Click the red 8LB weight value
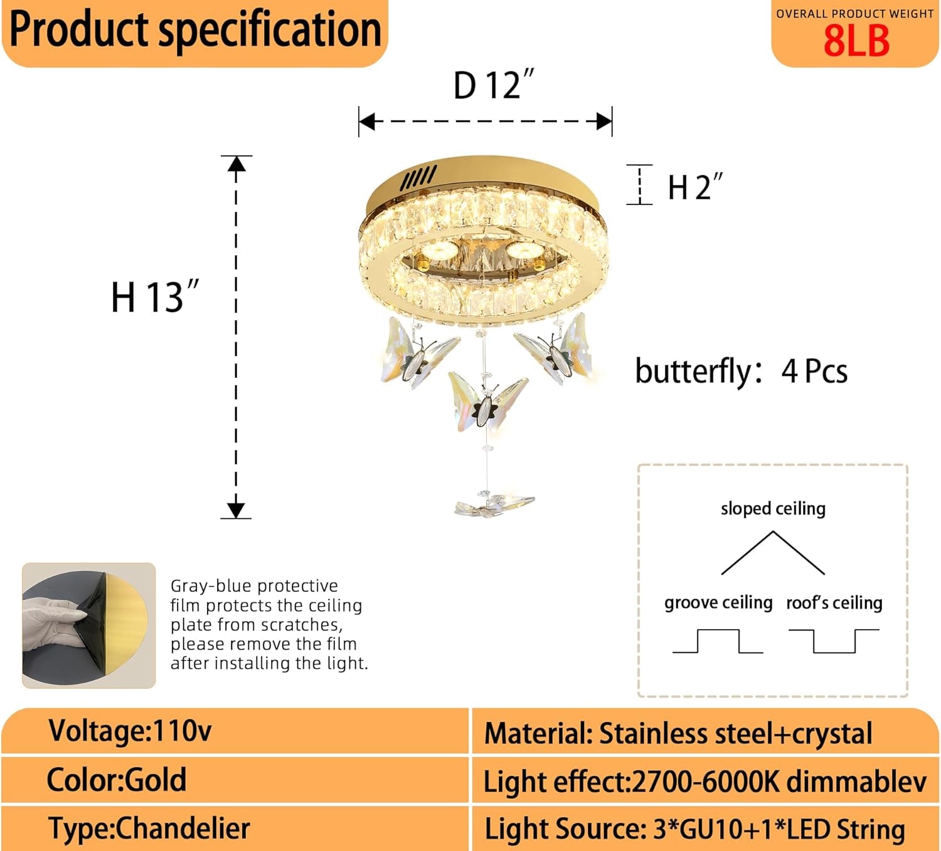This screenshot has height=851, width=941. click(x=856, y=41)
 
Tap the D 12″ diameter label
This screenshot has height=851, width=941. click(x=494, y=85)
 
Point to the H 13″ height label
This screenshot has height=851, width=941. click(x=155, y=297)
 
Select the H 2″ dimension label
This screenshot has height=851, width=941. click(x=695, y=187)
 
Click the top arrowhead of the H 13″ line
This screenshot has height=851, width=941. click(x=237, y=164)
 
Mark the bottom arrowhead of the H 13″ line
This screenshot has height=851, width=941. click(x=237, y=509)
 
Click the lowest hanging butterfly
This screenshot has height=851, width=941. click(x=494, y=505)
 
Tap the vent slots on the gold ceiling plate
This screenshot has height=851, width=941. click(x=418, y=178)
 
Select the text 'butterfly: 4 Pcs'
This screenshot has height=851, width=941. click(x=741, y=371)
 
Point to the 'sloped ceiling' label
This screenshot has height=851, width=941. click(x=773, y=508)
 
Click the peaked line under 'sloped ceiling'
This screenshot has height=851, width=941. click(x=773, y=552)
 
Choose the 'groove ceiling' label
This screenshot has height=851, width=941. click(x=718, y=602)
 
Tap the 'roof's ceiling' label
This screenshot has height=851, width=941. click(x=834, y=602)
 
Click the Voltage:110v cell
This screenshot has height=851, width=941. click(x=130, y=731)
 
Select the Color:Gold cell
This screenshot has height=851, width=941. click(x=117, y=780)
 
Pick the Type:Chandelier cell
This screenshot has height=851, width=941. click(x=149, y=828)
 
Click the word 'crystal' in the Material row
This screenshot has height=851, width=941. click(x=832, y=734)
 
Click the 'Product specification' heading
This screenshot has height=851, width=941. click(x=195, y=30)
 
